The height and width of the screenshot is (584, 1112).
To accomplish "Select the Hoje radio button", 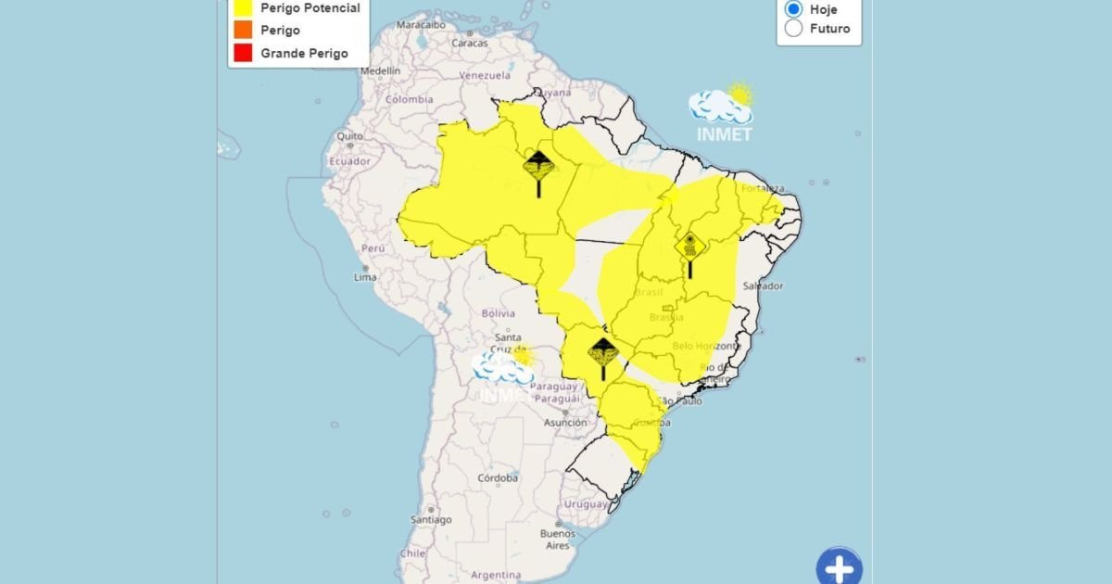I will (793, 8).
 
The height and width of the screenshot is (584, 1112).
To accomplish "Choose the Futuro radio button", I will (793, 28).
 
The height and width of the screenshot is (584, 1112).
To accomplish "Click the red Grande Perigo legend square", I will (244, 53).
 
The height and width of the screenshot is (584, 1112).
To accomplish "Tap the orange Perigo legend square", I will (244, 31).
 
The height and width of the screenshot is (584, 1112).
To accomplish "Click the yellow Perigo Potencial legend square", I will (244, 8).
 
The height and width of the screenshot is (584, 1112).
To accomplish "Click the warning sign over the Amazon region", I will (539, 168).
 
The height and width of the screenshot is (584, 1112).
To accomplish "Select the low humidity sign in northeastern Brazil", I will (689, 248).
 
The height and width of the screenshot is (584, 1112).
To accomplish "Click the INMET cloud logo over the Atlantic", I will (722, 113).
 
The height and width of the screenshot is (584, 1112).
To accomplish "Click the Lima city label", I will (365, 277).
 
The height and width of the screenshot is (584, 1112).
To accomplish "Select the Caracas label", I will (470, 43).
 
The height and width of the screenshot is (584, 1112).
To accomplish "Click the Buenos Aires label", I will (558, 540).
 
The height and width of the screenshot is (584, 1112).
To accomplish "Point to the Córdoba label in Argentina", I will (498, 478).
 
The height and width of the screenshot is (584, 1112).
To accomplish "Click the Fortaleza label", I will (764, 188).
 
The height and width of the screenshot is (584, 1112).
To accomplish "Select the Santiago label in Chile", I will (432, 520).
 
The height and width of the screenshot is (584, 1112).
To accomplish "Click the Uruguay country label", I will (586, 504).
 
